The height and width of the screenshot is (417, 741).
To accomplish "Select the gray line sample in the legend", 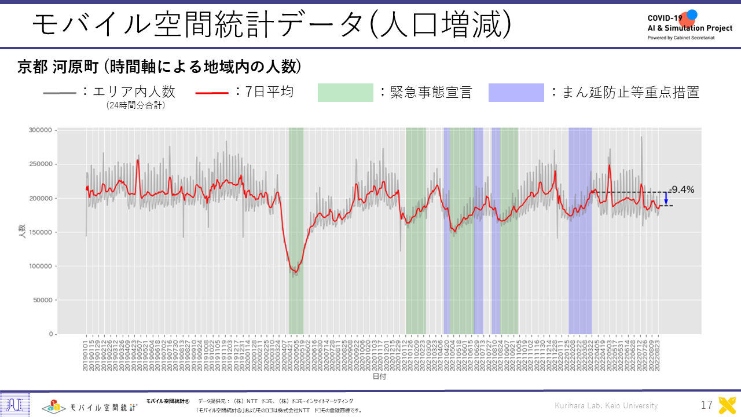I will coord(59,93).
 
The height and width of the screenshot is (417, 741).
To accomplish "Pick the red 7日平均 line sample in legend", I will coord(212,93).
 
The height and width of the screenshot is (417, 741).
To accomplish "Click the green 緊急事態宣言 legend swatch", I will coord(345,93).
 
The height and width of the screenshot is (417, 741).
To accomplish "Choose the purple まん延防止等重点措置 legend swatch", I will coord(516,93).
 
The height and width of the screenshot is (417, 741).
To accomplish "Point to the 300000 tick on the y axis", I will coord(41,130).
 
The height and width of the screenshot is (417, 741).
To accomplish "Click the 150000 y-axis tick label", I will coord(41,232).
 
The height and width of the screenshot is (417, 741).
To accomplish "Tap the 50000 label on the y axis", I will coord(43,300).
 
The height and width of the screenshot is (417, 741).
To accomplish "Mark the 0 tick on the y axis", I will coord(51,334).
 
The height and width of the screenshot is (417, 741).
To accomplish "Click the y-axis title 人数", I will coord(22,233).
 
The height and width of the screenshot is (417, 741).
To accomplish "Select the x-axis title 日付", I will coord(379,376).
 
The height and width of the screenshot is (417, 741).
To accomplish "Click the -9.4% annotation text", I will coord(681,189).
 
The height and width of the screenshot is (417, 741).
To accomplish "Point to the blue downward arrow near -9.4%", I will coord(666,199).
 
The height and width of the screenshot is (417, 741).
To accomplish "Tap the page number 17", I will coord(706,405).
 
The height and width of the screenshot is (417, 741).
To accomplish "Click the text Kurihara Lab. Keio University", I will coord(606,405).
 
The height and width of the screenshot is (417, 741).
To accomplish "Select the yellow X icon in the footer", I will coord(727,405).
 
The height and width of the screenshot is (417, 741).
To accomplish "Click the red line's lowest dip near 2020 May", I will coord(296,272).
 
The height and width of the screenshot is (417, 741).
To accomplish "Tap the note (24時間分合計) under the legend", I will coord(135,105).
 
